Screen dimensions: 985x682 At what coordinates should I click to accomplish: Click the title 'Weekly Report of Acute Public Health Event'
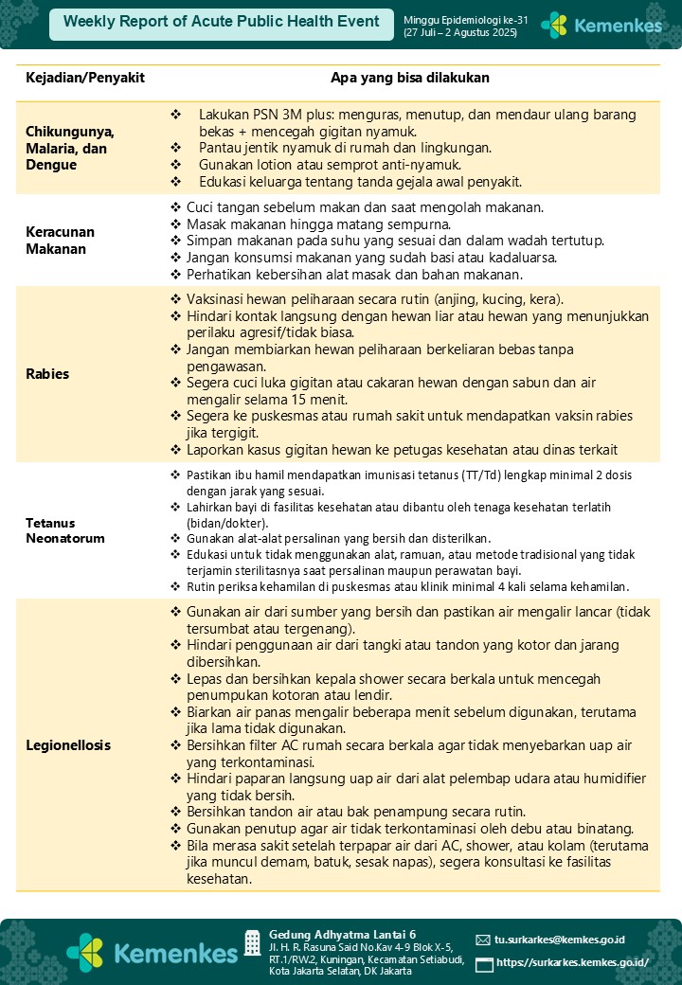click(x=222, y=22)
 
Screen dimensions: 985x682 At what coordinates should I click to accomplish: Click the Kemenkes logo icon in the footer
click(x=86, y=951)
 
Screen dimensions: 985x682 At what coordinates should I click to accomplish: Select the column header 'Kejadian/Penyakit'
click(x=85, y=78)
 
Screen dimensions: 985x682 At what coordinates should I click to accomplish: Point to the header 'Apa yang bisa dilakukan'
click(x=409, y=78)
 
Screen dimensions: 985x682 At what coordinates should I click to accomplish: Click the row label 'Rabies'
click(x=47, y=373)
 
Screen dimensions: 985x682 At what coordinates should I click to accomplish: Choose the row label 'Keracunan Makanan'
click(x=61, y=241)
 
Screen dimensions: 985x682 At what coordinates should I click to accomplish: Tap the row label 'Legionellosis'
click(x=68, y=744)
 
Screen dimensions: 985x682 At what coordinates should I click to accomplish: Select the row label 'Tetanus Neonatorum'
click(x=64, y=530)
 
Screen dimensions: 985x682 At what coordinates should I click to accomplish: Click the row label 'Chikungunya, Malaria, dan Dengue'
click(x=70, y=148)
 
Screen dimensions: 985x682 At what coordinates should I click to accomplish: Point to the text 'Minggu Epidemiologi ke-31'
click(x=461, y=20)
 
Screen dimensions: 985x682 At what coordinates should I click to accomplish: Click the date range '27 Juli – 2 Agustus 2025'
click(x=460, y=33)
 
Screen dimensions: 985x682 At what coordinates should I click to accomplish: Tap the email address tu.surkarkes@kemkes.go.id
click(x=560, y=940)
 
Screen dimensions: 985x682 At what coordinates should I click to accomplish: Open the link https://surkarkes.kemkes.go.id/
click(x=572, y=962)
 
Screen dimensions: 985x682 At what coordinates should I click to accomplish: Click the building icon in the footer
click(x=252, y=942)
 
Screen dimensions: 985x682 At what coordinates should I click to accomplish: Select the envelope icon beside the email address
click(x=483, y=940)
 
